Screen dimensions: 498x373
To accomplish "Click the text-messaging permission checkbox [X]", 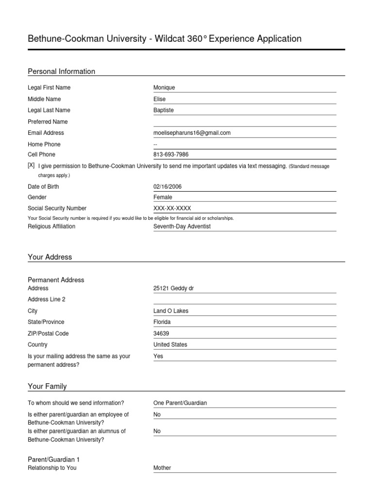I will pyautogui.click(x=31, y=165).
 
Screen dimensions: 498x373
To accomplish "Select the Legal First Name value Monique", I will pyautogui.click(x=164, y=88).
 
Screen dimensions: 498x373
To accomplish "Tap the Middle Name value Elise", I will pyautogui.click(x=159, y=99).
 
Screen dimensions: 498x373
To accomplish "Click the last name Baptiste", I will pyautogui.click(x=163, y=110).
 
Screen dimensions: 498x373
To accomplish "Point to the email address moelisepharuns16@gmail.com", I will pyautogui.click(x=192, y=133).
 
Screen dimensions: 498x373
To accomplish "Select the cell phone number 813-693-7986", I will pyautogui.click(x=171, y=155).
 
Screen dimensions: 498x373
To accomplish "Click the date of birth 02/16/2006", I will pyautogui.click(x=168, y=187).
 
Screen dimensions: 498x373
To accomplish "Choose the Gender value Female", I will pyautogui.click(x=163, y=197).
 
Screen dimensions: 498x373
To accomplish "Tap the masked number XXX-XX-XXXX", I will pyautogui.click(x=172, y=208).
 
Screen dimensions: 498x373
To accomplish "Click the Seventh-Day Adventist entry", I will pyautogui.click(x=182, y=227).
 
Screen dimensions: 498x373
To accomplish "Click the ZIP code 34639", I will pyautogui.click(x=162, y=334).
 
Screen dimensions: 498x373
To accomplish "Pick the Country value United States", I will pyautogui.click(x=170, y=345).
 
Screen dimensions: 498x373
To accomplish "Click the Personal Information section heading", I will pyautogui.click(x=62, y=71).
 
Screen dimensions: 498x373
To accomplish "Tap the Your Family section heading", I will pyautogui.click(x=48, y=387).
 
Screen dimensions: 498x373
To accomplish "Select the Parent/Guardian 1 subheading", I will pyautogui.click(x=54, y=460).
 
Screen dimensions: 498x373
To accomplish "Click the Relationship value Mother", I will pyautogui.click(x=162, y=468).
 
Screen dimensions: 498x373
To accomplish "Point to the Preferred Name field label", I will pyautogui.click(x=48, y=122).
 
